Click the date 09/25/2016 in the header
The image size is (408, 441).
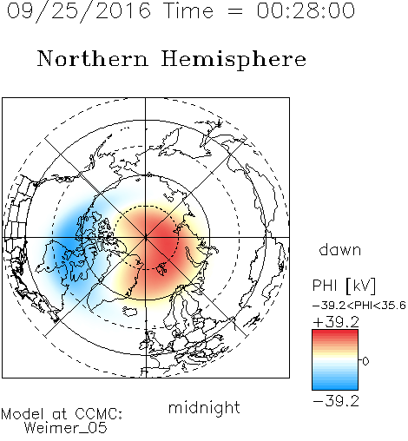pyautogui.click(x=79, y=11)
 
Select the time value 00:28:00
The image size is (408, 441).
pyautogui.click(x=306, y=10)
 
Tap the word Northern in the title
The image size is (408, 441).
pyautogui.click(x=93, y=58)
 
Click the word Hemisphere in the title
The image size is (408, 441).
pyautogui.click(x=234, y=60)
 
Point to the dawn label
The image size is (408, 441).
pyautogui.click(x=340, y=250)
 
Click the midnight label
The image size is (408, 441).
pyautogui.click(x=204, y=408)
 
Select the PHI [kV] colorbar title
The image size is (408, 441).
pyautogui.click(x=344, y=286)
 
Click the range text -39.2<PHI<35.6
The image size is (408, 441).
pyautogui.click(x=359, y=306)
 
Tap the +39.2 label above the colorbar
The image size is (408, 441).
pyautogui.click(x=336, y=322)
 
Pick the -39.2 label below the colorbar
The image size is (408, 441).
pyautogui.click(x=336, y=401)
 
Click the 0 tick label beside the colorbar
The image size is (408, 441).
pyautogui.click(x=365, y=361)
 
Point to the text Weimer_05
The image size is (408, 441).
pyautogui.click(x=66, y=428)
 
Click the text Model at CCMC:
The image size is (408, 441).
pyautogui.click(x=62, y=414)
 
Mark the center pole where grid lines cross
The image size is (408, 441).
pyautogui.click(x=146, y=237)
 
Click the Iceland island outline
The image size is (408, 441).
pyautogui.click(x=130, y=312)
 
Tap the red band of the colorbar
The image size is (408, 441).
pyautogui.click(x=335, y=336)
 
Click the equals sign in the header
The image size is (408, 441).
pyautogui.click(x=235, y=11)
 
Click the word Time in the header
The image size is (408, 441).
pyautogui.click(x=188, y=10)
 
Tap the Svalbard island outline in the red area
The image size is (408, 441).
pyautogui.click(x=161, y=268)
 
